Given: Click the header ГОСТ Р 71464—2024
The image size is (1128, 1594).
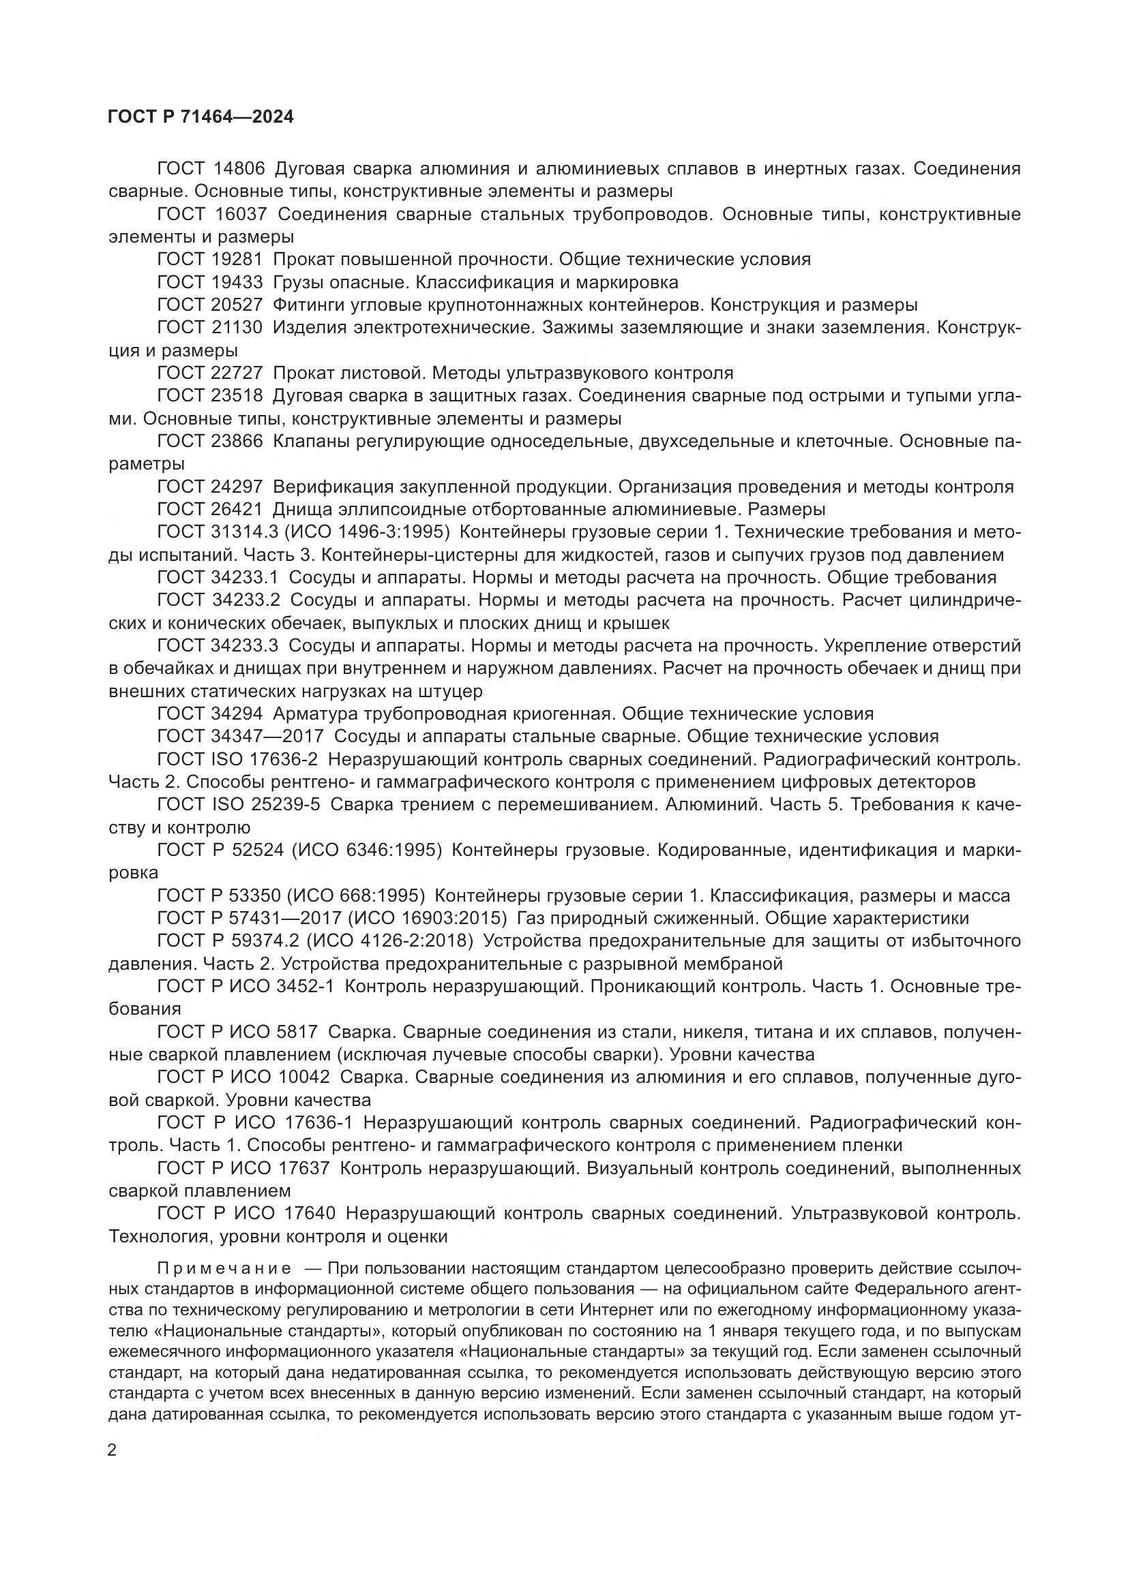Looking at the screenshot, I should pyautogui.click(x=201, y=117).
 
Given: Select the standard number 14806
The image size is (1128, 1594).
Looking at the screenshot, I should pyautogui.click(x=237, y=169).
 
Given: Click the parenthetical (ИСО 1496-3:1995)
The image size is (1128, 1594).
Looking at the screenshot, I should pyautogui.click(x=369, y=532).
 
